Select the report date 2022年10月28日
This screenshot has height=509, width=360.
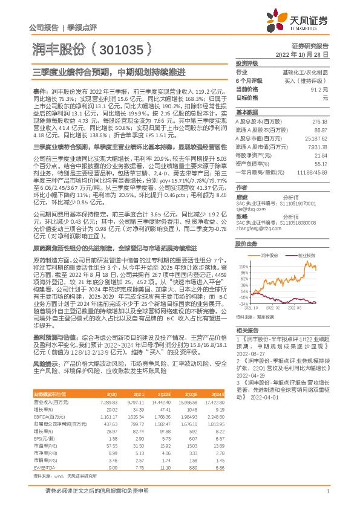click(x=306, y=54)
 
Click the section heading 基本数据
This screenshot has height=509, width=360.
click(x=246, y=112)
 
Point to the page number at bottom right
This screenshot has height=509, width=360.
click(x=327, y=499)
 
